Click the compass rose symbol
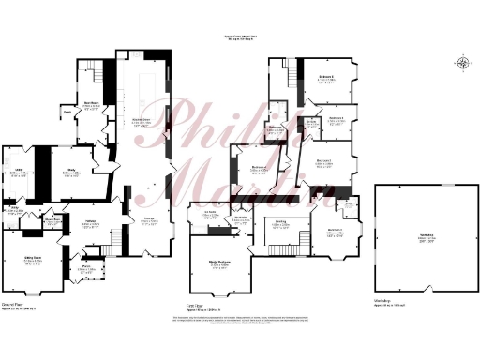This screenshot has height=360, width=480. click(x=463, y=64)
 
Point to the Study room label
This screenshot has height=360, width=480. click(x=72, y=172)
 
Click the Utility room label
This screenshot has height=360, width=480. click(x=18, y=172)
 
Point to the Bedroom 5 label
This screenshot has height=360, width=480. click(x=326, y=81)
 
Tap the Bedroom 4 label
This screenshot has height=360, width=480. click(x=336, y=119)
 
